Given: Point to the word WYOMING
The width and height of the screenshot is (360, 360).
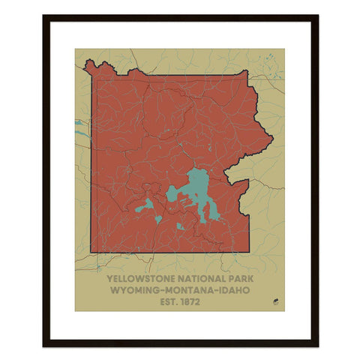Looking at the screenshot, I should (135, 289).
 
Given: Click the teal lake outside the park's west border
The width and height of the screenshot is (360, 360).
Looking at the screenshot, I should (79, 123).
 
